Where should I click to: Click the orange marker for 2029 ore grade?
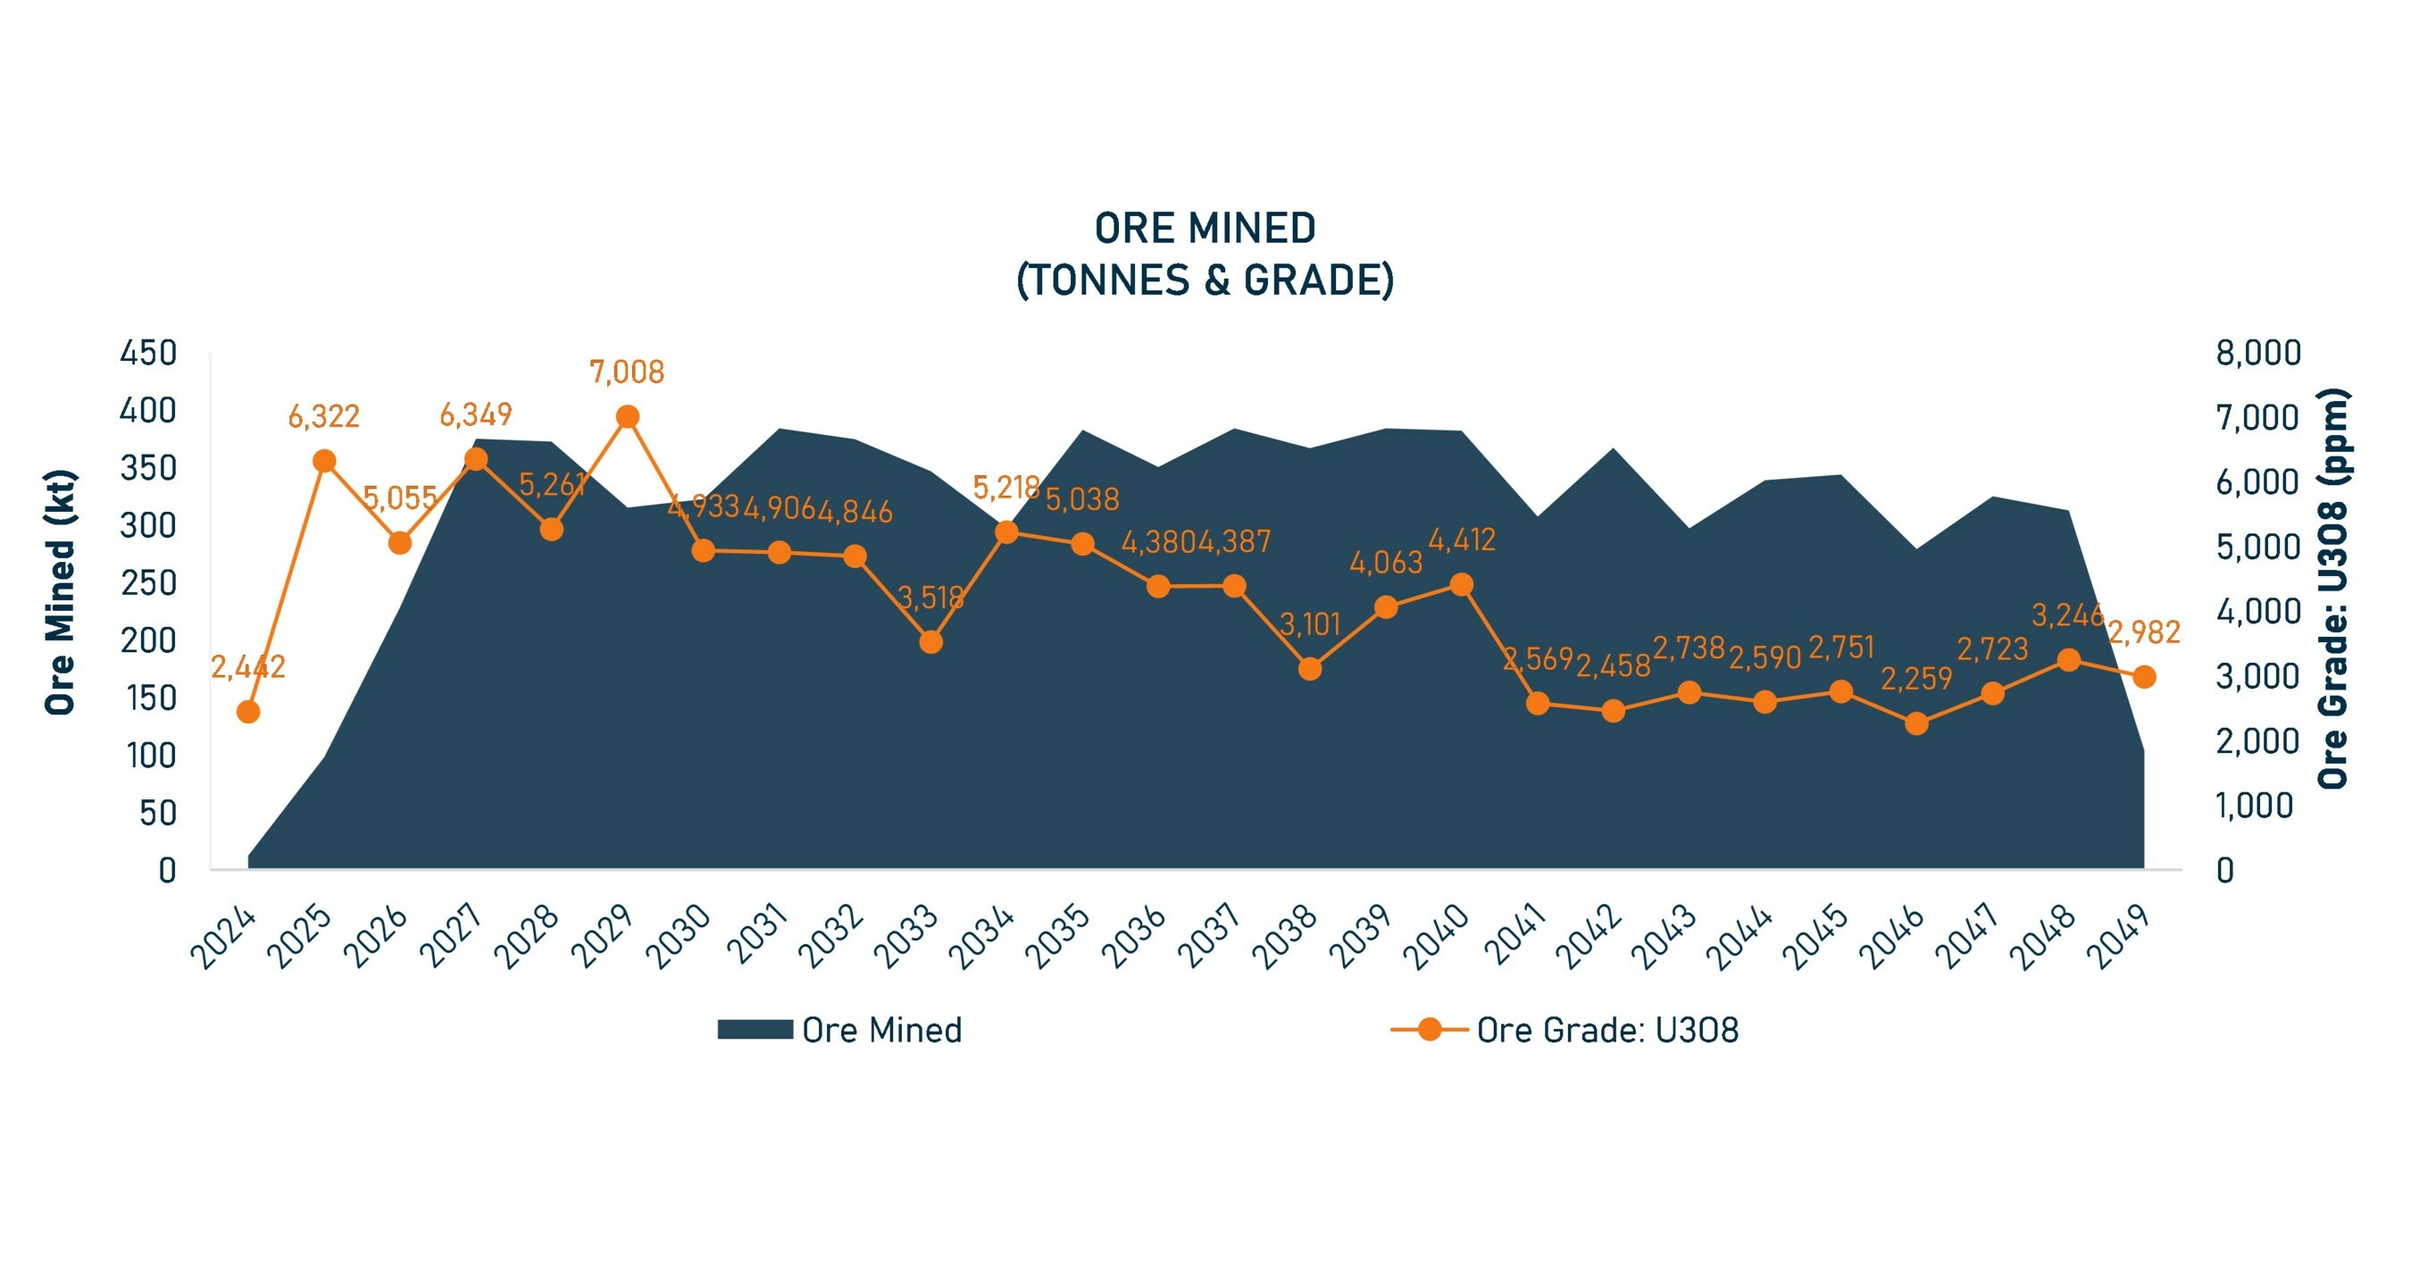tap(628, 416)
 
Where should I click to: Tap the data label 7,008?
tap(626, 372)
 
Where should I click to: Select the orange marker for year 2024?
tap(248, 712)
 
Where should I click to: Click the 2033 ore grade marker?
tap(930, 642)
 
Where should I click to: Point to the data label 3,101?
tap(1309, 624)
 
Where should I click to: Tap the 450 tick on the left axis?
tap(148, 353)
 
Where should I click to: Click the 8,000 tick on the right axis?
tap(2257, 353)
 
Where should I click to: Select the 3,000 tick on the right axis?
tap(2257, 676)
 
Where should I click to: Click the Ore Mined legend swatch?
tap(755, 1030)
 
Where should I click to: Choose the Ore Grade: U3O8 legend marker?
tap(1430, 1030)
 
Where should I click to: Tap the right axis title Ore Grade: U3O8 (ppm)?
tap(2332, 588)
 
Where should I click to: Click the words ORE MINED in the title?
tap(1205, 229)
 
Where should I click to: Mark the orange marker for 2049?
tap(2144, 677)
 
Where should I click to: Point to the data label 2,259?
tap(1916, 679)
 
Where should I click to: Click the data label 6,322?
tap(323, 416)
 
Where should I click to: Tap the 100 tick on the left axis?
tap(151, 756)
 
